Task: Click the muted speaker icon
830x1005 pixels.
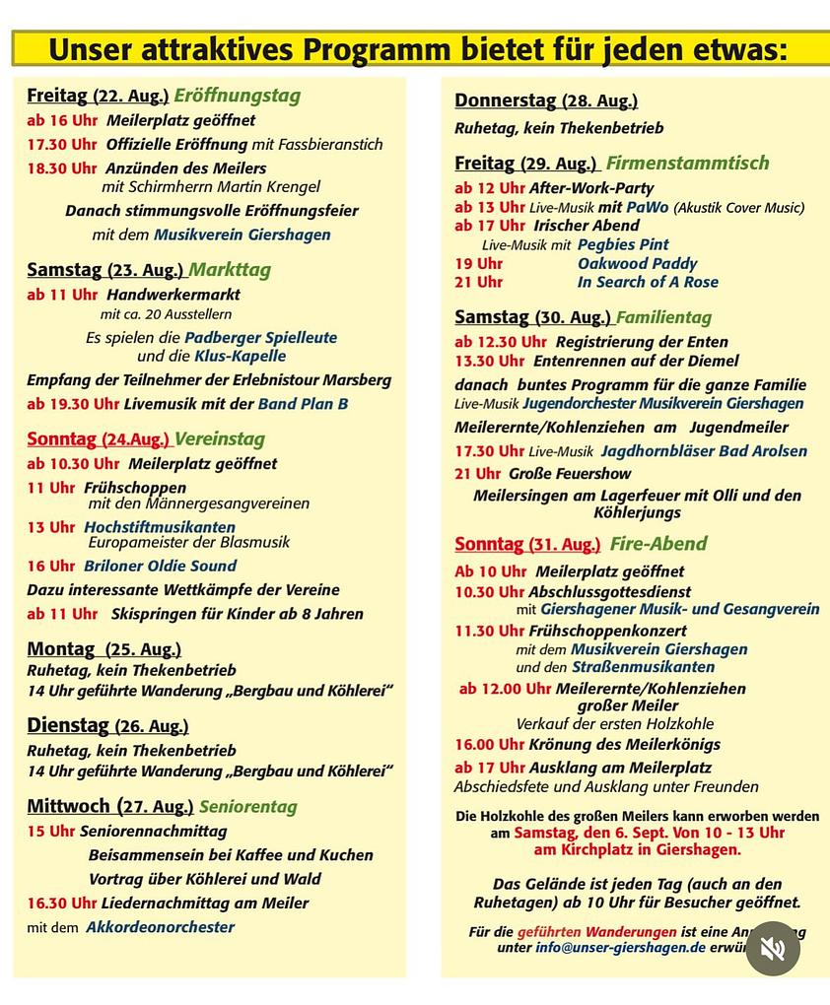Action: coord(773,948)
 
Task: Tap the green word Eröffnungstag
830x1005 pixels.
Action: coord(238,96)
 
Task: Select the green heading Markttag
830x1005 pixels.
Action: coord(230,270)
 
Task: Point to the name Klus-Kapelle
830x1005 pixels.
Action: coord(241,356)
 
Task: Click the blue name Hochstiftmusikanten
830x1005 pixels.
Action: coord(160,527)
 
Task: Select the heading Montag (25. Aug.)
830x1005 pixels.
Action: coord(104,649)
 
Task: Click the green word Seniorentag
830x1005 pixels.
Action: coord(248,807)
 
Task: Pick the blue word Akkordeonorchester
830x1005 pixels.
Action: coord(161,927)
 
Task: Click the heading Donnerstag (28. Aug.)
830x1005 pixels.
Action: coord(546,100)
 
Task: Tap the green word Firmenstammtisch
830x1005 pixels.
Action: coord(688,164)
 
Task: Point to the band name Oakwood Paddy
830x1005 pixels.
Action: coord(637,263)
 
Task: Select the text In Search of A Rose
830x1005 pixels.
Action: coord(648,282)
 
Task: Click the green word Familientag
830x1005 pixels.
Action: coord(663,317)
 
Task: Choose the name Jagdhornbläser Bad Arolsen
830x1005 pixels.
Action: coord(705,451)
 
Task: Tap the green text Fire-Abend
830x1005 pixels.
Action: coord(658,544)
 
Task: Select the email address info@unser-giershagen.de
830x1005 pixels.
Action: coord(621,947)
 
